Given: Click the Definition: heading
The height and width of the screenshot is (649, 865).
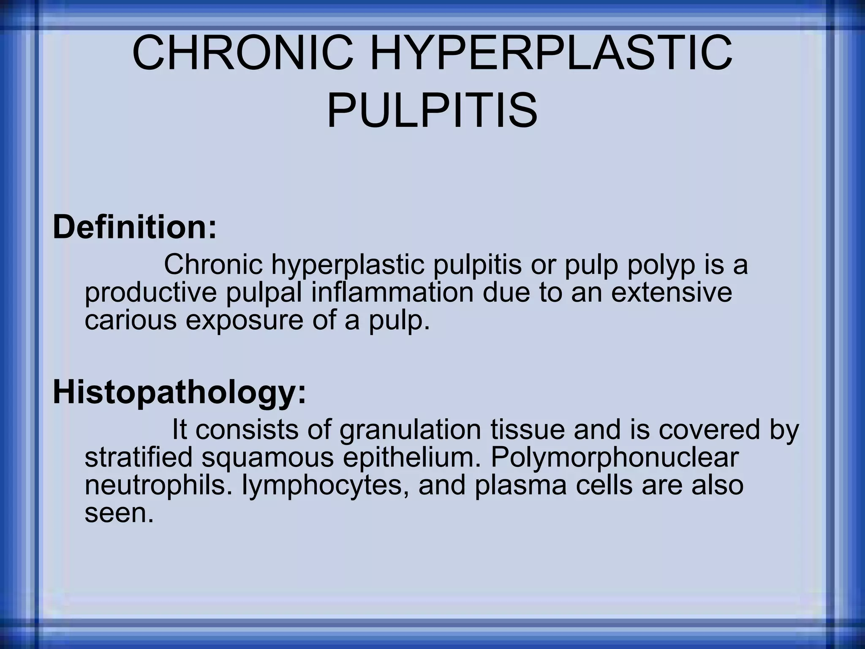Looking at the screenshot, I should [134, 227].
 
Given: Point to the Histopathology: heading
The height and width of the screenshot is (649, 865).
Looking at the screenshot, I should [179, 393].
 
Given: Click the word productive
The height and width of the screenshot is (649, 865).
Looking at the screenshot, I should [151, 293].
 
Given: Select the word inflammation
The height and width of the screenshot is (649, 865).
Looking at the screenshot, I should [392, 293].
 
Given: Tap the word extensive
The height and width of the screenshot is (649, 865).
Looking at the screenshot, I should [672, 293].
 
